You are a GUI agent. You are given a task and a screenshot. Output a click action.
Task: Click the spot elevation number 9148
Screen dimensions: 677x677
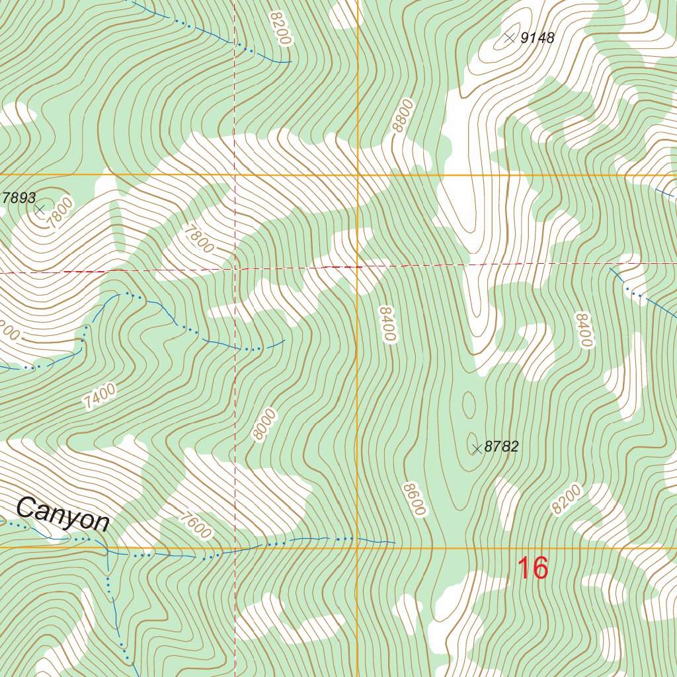pyautogui.click(x=537, y=38)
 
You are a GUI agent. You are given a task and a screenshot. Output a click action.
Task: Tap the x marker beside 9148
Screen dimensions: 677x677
pyautogui.click(x=509, y=38)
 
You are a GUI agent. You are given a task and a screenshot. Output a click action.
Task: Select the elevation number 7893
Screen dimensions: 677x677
pyautogui.click(x=19, y=198)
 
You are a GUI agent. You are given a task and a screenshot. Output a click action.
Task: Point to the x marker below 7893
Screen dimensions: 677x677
pyautogui.click(x=39, y=210)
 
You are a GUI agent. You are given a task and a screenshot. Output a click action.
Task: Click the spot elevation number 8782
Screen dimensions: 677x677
pyautogui.click(x=501, y=447)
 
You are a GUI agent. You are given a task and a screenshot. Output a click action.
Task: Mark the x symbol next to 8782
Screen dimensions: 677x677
pyautogui.click(x=476, y=449)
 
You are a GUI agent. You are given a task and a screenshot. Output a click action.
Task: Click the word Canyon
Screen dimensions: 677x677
pyautogui.click(x=62, y=514)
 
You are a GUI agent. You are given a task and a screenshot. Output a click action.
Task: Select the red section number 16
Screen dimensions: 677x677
pyautogui.click(x=532, y=569)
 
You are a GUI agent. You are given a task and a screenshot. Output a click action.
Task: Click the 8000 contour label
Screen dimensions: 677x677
pyautogui.click(x=264, y=424)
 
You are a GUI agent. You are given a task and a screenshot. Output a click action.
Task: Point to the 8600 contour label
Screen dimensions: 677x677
pyautogui.click(x=413, y=499)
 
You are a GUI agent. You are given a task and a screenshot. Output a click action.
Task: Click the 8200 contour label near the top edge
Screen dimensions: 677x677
pyautogui.click(x=280, y=27)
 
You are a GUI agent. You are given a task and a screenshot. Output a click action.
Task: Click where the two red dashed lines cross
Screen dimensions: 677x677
pyautogui.click(x=235, y=270)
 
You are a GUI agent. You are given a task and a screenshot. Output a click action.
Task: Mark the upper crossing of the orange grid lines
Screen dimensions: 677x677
pyautogui.click(x=358, y=175)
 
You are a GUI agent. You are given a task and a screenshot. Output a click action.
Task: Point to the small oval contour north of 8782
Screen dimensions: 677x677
pyautogui.click(x=469, y=405)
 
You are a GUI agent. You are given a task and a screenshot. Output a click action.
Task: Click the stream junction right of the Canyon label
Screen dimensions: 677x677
pyautogui.click(x=106, y=548)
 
